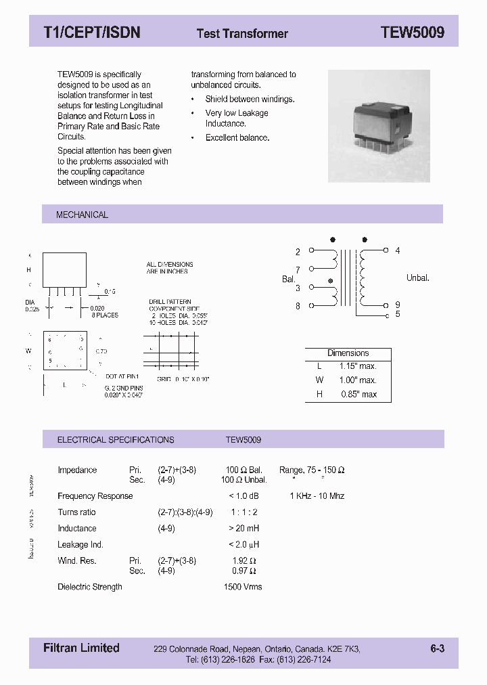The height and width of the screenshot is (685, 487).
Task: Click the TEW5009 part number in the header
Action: tap(412, 32)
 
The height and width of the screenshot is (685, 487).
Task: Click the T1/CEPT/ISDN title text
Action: tap(91, 32)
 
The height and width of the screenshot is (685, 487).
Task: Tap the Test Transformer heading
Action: tap(242, 33)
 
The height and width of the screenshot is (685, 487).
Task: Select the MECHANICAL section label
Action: tap(82, 215)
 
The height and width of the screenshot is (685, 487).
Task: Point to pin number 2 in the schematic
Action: tap(298, 252)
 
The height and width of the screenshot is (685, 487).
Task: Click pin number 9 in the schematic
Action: tap(398, 305)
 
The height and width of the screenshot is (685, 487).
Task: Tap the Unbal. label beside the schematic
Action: tap(417, 278)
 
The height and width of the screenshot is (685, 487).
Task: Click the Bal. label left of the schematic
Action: tap(289, 279)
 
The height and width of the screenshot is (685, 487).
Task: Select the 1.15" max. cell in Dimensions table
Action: tap(358, 366)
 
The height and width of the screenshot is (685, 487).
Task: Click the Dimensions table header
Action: tap(348, 353)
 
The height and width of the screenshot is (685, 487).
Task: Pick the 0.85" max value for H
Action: tap(358, 394)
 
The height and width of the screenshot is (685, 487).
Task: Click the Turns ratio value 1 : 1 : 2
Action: tap(243, 512)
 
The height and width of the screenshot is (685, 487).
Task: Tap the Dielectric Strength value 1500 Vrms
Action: tap(243, 587)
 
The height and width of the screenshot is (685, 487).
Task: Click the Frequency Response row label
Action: tap(95, 496)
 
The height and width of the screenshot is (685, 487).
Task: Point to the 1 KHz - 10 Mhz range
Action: tap(317, 496)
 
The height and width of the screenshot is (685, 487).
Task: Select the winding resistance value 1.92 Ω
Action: tap(244, 560)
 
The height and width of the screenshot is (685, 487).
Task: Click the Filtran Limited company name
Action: tap(81, 648)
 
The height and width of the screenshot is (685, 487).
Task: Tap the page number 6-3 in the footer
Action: tap(437, 648)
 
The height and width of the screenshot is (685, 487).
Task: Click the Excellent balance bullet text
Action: tap(237, 137)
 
